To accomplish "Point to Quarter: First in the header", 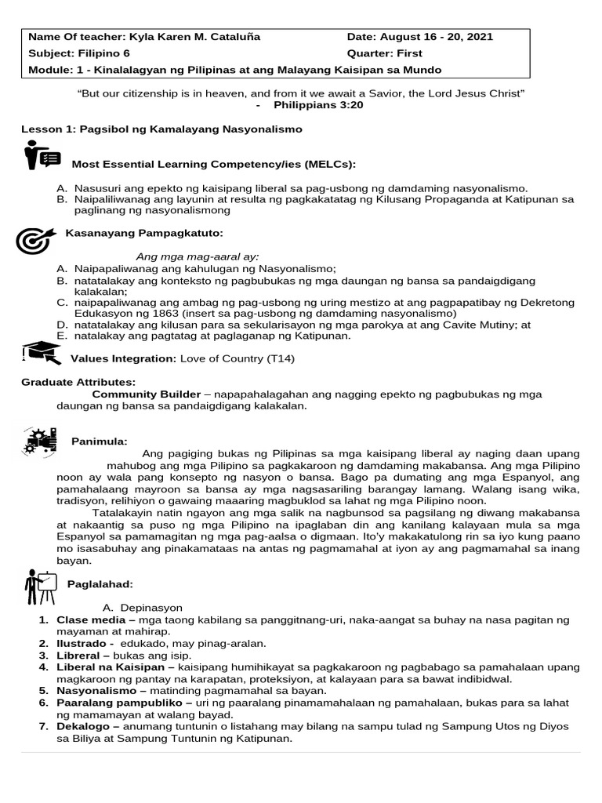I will tap(384, 53).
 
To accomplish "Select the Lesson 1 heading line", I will tap(161, 128).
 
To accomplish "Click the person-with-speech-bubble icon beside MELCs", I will tap(42, 155).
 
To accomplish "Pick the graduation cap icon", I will tap(42, 353).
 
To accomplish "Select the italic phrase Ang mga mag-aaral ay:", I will tap(198, 256).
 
